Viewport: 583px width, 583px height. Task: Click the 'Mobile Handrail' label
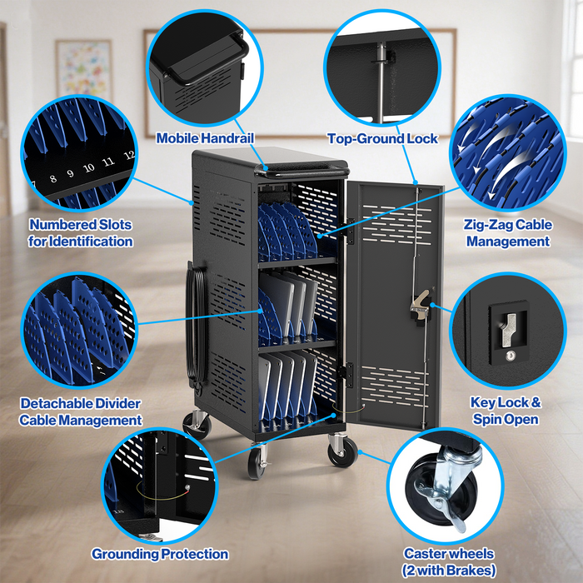click(x=205, y=138)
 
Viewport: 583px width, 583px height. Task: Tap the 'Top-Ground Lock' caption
click(x=382, y=138)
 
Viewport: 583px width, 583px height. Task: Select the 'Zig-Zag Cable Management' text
click(x=508, y=232)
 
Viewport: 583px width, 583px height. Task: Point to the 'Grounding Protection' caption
click(x=160, y=554)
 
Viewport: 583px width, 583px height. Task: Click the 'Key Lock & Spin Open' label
click(x=506, y=411)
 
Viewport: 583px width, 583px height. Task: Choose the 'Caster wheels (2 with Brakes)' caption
click(x=449, y=561)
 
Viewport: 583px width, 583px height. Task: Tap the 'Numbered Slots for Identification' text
click(x=81, y=232)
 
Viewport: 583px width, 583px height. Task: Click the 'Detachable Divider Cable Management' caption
click(x=80, y=411)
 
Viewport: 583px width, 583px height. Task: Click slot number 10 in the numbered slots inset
click(x=89, y=169)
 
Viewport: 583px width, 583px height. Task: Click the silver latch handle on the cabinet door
click(x=419, y=302)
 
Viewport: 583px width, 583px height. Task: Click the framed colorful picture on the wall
click(x=84, y=70)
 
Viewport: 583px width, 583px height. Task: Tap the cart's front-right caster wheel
click(x=342, y=451)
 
